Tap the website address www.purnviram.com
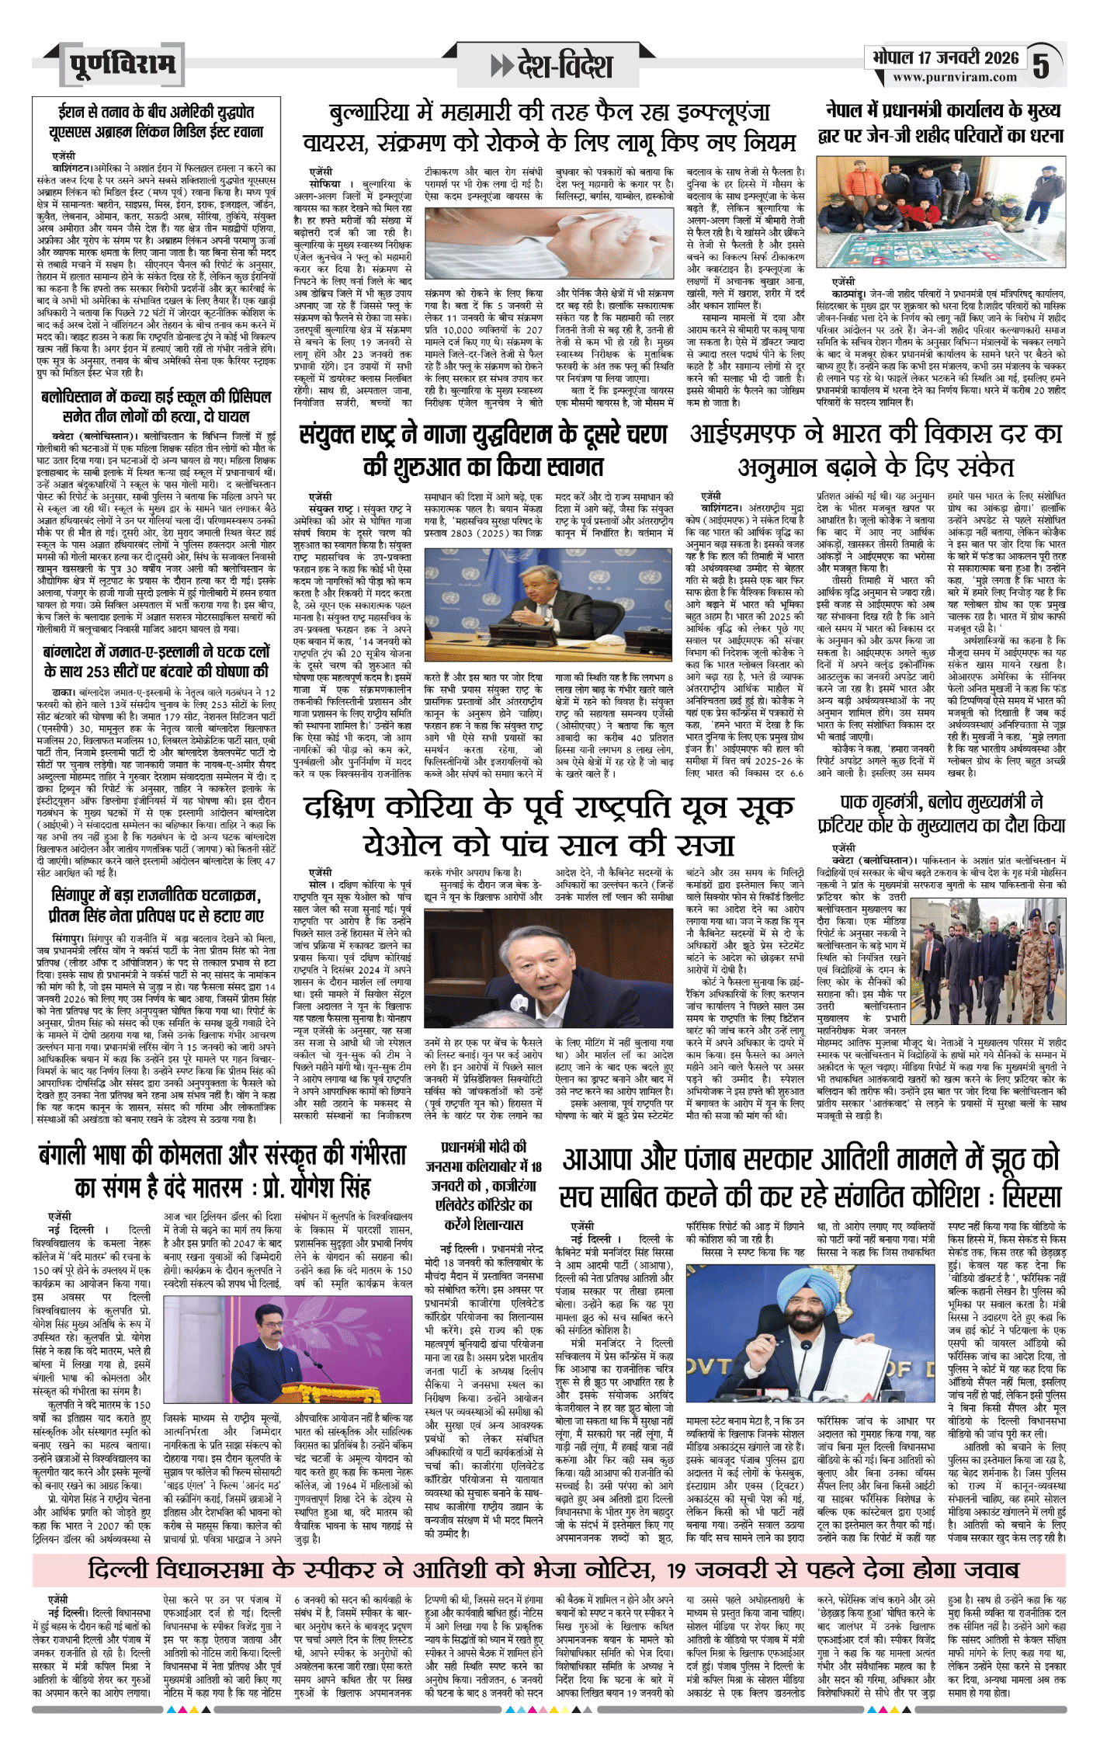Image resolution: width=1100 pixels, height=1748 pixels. tap(954, 78)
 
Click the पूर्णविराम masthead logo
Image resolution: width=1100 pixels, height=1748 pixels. tap(122, 64)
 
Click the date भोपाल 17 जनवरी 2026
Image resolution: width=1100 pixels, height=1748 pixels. tap(945, 57)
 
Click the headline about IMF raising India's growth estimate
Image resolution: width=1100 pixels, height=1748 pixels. tap(876, 450)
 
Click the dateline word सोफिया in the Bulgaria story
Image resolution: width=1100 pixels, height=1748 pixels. tap(324, 184)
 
